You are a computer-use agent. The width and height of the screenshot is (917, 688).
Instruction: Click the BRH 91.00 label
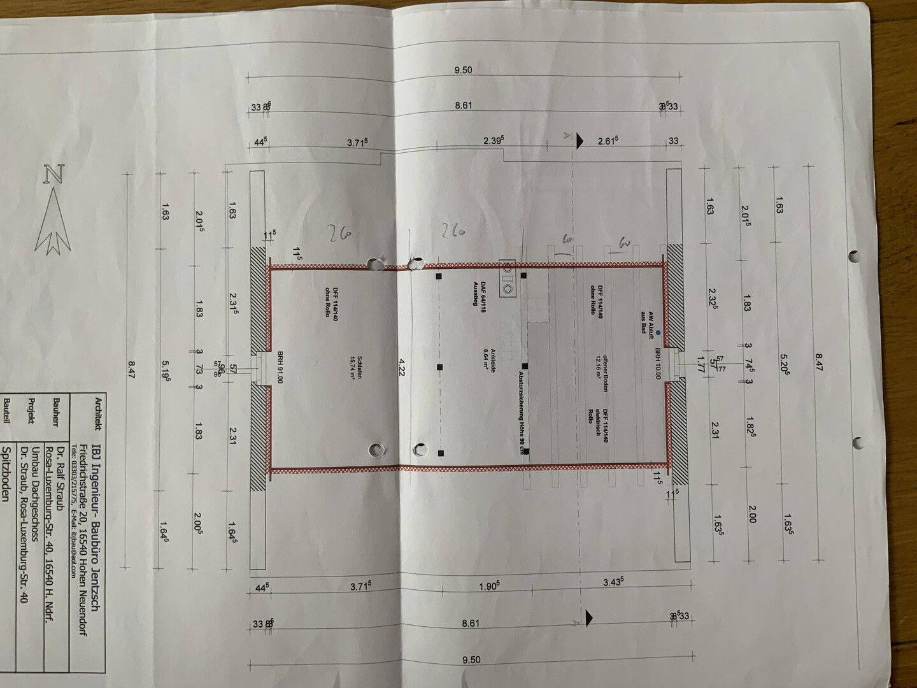click(x=280, y=366)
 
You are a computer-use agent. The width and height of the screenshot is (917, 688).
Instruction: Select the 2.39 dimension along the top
click(x=494, y=141)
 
